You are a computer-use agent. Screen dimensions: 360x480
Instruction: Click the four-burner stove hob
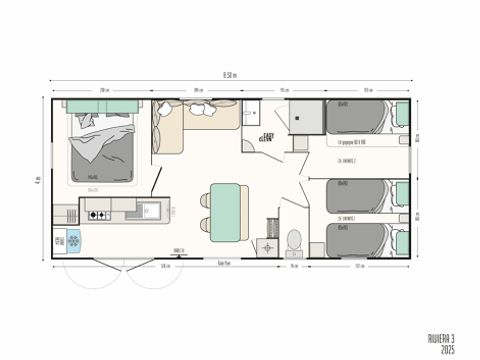pyautogui.click(x=100, y=211)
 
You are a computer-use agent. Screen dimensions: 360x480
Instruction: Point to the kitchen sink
pyautogui.click(x=150, y=211)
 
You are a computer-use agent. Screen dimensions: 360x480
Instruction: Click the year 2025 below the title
pyautogui.click(x=444, y=349)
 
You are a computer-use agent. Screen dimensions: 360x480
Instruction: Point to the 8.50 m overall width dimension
pyautogui.click(x=230, y=75)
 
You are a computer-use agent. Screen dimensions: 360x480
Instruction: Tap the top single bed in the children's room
pyautogui.click(x=358, y=119)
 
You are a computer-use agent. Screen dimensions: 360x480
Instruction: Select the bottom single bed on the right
pyautogui.click(x=358, y=241)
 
